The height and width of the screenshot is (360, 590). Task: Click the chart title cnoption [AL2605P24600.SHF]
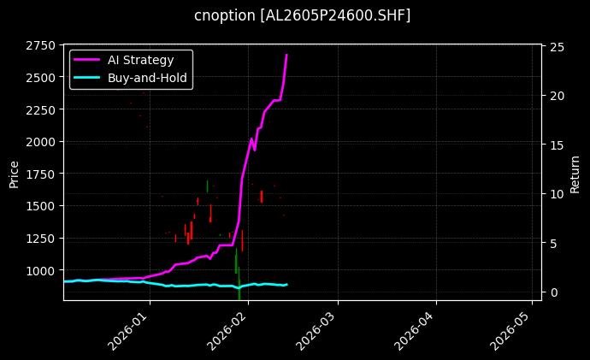point(302,15)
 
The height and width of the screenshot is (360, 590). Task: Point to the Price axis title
point(14,172)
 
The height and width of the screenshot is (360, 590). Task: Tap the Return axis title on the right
point(575,172)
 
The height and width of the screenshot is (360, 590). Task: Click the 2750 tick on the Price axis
point(42,45)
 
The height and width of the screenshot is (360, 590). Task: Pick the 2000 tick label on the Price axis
point(42,142)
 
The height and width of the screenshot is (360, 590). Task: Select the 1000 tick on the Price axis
point(42,270)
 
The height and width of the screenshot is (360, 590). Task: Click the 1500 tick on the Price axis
point(42,206)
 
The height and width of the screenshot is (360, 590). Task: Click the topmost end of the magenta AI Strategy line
point(286,55)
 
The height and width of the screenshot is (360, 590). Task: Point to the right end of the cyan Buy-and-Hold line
point(286,284)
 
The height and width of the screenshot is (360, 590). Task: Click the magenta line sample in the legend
point(87,60)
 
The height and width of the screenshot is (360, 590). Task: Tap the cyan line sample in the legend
point(87,78)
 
